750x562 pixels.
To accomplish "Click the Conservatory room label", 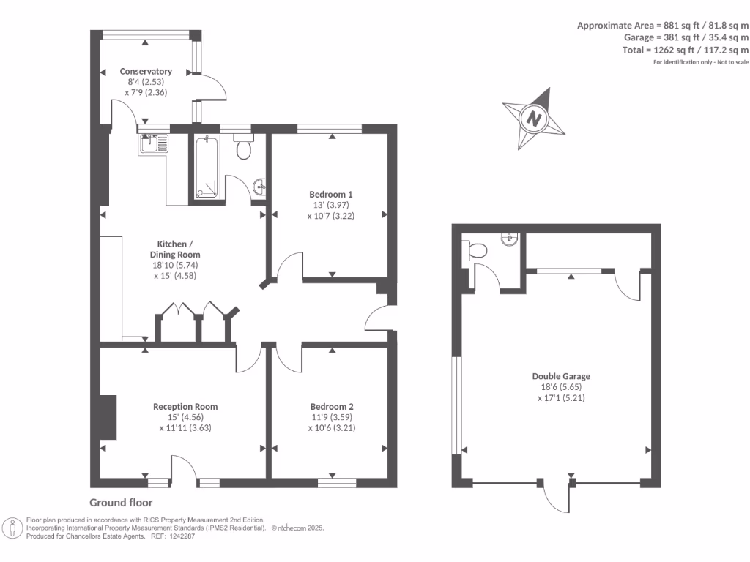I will point(146,72).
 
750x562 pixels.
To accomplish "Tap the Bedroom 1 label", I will point(331,194).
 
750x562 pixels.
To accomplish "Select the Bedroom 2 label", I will point(332,407).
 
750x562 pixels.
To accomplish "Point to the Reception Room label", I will point(185,407).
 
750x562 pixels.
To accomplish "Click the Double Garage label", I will point(561,376).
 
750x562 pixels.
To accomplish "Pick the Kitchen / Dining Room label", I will point(175,249).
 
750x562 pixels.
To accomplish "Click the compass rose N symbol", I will point(535,117).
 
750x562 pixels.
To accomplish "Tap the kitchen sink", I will point(153,143).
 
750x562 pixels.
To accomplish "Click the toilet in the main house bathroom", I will point(244,149).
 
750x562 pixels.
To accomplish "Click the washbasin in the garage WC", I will point(510,238).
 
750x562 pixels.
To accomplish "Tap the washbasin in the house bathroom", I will point(261,187).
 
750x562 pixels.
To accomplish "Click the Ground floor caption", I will point(121,503).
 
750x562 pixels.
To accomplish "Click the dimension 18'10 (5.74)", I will point(175,266).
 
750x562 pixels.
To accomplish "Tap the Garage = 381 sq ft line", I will point(686,37).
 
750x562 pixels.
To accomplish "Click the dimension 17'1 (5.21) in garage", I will point(561,398).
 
